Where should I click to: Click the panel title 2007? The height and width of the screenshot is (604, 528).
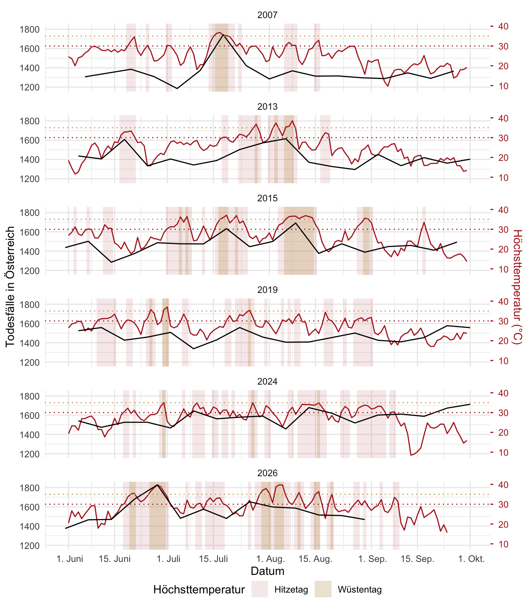267,15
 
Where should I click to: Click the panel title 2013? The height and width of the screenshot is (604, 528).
267,107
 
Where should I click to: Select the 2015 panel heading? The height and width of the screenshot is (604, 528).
267,198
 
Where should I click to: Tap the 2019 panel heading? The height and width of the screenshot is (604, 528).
267,290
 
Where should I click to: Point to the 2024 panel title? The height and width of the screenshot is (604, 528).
267,381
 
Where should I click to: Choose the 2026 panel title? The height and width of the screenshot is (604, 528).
267,473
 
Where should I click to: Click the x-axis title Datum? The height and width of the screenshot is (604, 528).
267,571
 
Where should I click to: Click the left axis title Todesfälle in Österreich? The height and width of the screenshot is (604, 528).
10,286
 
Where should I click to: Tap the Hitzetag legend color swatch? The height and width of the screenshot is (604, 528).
260,589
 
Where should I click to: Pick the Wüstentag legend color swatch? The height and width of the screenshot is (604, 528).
323,589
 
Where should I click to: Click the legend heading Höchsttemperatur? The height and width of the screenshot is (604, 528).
199,589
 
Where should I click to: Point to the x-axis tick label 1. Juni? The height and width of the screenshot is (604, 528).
70,559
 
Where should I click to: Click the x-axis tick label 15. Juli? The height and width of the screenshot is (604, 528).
213,559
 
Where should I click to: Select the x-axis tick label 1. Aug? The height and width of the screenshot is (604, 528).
271,559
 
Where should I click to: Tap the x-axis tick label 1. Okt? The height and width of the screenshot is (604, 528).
471,559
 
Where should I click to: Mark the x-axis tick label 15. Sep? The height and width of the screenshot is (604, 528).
417,559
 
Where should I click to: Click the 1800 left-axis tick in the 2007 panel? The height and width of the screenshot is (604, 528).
29,29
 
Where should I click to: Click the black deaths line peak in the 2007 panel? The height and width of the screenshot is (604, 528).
223,35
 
